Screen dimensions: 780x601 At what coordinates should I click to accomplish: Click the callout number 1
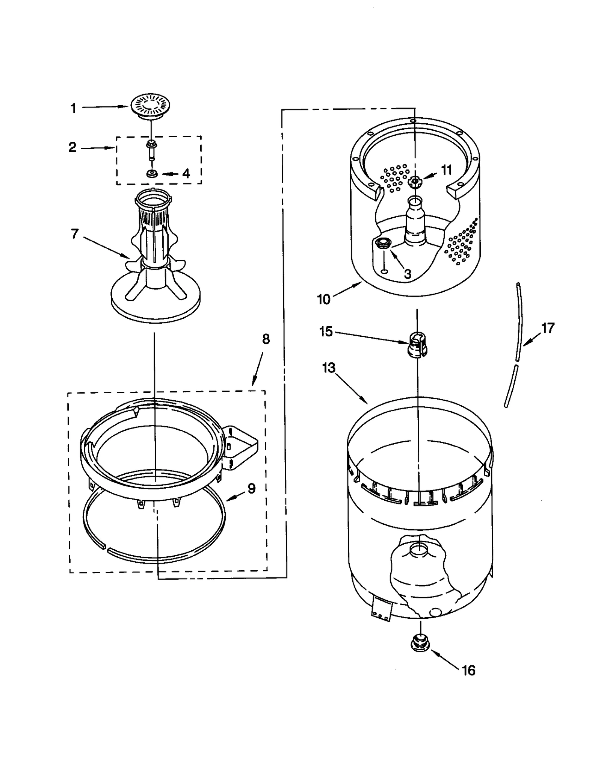(x=74, y=109)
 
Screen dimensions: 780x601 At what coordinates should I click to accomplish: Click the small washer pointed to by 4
(x=152, y=174)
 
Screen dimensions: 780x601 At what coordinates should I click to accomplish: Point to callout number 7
(x=75, y=234)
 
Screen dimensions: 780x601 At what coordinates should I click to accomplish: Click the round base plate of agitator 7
(x=156, y=304)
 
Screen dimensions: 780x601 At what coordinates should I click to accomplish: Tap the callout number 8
(x=266, y=339)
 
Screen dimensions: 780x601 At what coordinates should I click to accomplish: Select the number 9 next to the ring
(x=251, y=488)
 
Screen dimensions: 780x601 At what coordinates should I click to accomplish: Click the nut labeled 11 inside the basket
(x=415, y=182)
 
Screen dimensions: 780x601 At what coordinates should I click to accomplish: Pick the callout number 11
(x=446, y=170)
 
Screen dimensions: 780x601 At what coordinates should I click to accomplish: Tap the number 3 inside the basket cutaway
(x=408, y=274)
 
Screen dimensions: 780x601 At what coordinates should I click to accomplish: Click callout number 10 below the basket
(x=323, y=300)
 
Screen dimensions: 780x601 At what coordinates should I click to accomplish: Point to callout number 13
(x=328, y=368)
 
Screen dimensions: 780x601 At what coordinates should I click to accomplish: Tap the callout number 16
(x=468, y=670)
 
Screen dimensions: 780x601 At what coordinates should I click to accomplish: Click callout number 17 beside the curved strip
(x=548, y=328)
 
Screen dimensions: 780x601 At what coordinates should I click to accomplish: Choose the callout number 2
(x=72, y=147)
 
